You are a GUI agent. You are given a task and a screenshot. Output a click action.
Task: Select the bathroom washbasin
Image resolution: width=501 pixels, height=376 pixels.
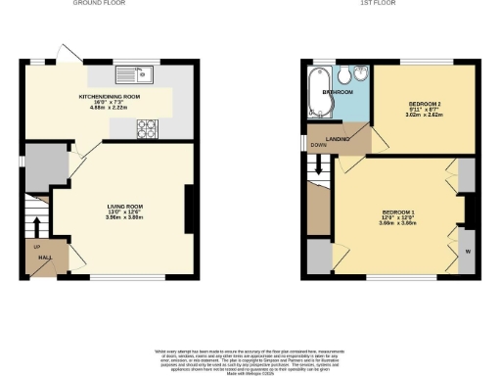pyautogui.click(x=361, y=76)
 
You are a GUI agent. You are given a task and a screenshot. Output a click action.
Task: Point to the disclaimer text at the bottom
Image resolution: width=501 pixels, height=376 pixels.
pyautogui.click(x=250, y=359)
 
